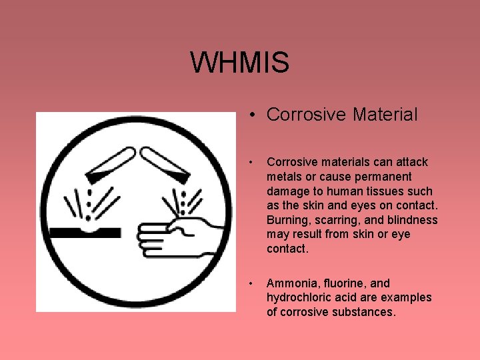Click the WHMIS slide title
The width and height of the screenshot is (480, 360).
239,63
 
